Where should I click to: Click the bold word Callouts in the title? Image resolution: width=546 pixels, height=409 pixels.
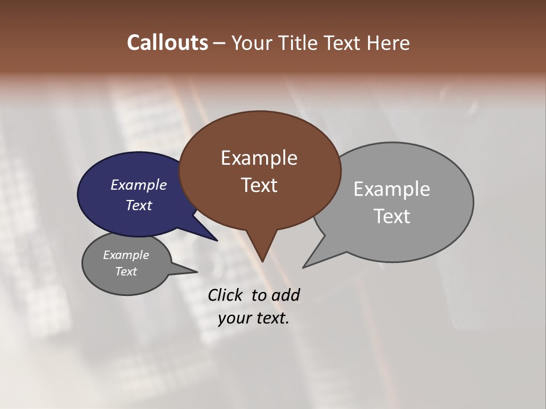pos(168,43)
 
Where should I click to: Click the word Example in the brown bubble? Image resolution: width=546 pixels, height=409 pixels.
pos(259,158)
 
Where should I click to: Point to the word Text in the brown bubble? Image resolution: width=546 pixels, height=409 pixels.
pos(259,185)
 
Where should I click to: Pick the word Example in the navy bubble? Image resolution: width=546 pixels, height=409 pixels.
pos(138,185)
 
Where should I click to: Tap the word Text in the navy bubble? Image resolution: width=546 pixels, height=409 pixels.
pos(138,205)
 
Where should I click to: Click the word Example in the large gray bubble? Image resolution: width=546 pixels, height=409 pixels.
pos(391,189)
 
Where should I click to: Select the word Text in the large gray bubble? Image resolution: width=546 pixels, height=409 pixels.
pos(391,216)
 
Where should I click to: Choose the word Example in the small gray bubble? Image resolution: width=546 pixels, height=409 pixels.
pos(126,255)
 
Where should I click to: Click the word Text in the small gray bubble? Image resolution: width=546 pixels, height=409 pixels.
pos(126,272)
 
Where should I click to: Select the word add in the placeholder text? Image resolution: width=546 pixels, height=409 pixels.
pos(286,295)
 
